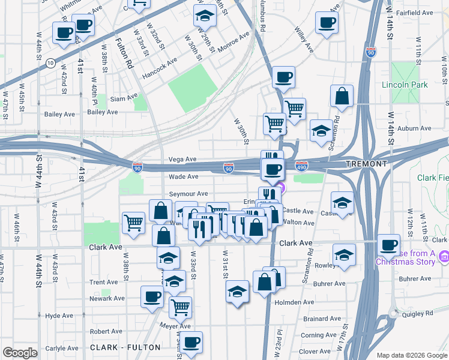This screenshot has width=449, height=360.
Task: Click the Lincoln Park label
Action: click(x=405, y=85)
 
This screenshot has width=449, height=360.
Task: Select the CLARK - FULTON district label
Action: click(x=125, y=347)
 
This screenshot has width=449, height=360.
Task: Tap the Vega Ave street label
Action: click(x=182, y=159)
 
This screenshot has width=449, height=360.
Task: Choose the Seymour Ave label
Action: click(x=188, y=194)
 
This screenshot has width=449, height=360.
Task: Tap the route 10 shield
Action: click(x=50, y=62)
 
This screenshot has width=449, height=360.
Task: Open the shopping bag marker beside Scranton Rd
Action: click(x=342, y=96)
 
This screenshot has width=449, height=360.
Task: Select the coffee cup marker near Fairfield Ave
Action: click(x=327, y=23)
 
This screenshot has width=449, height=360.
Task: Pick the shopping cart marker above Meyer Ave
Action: click(x=180, y=307)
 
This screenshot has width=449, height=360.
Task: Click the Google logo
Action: click(x=20, y=353)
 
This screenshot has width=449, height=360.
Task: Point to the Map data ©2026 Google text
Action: click(x=411, y=355)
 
